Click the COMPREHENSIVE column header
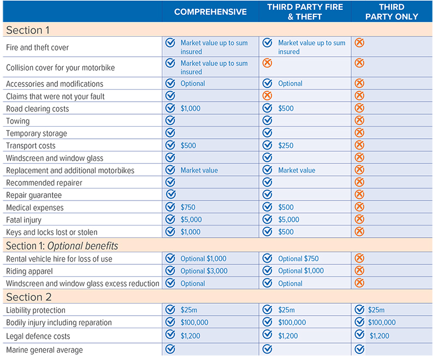pyautogui.click(x=210, y=11)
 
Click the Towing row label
pyautogui.click(x=18, y=121)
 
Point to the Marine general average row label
pyautogui.click(x=44, y=350)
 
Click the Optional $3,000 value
pyautogui.click(x=204, y=271)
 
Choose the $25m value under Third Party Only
pyautogui.click(x=376, y=310)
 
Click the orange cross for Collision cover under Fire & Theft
pyautogui.click(x=267, y=63)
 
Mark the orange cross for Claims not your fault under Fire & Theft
pyautogui.click(x=267, y=96)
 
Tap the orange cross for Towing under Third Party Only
pyautogui.click(x=359, y=120)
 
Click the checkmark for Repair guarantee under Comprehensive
pyautogui.click(x=170, y=194)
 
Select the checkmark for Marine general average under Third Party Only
pyautogui.click(x=359, y=349)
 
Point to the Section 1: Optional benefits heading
pyautogui.click(x=62, y=245)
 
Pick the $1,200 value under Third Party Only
pyautogui.click(x=379, y=335)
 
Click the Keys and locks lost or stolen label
pyautogui.click(x=51, y=232)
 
